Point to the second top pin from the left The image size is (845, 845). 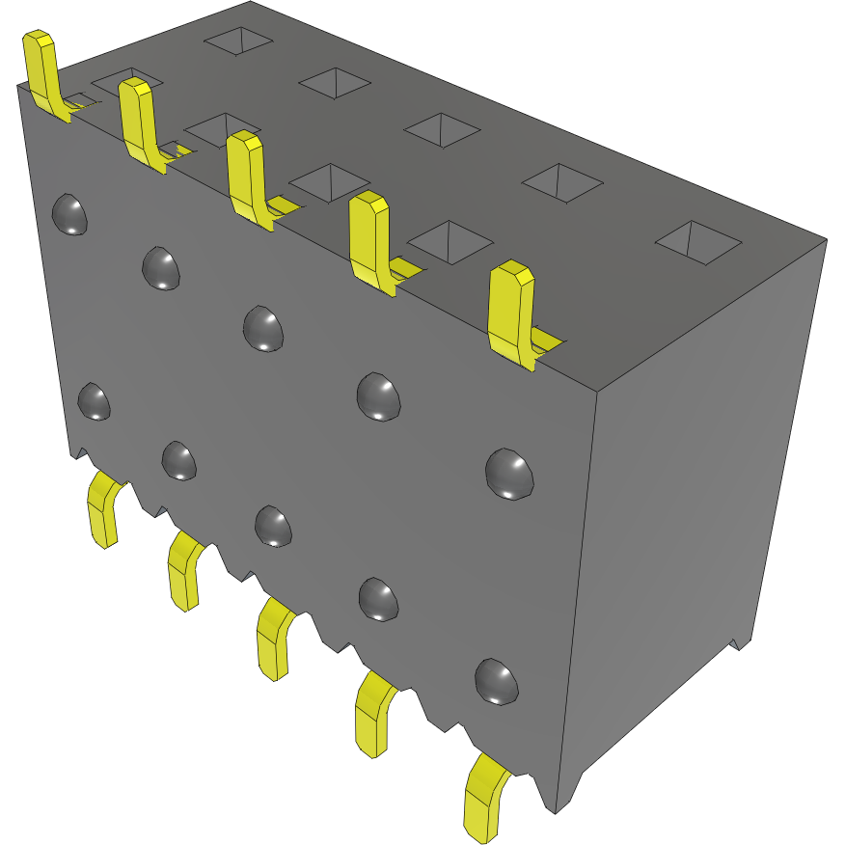139,120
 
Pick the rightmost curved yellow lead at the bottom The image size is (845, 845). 483,796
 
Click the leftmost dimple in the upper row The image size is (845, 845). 69,214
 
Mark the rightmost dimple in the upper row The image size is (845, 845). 509,474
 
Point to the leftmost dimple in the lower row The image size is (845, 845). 94,400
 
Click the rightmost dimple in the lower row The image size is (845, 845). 497,680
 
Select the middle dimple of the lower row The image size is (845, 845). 273,525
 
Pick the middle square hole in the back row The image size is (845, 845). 441,129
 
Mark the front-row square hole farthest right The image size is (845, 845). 447,240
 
